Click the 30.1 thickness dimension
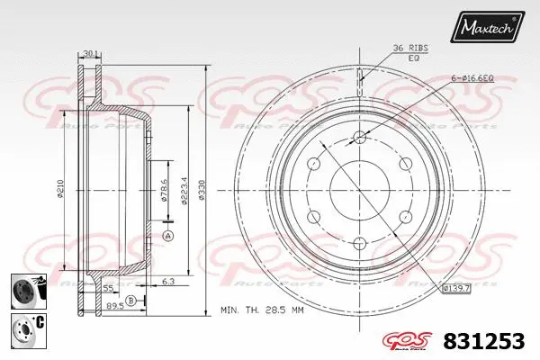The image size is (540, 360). (89, 54)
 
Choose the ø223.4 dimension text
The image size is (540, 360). (184, 190)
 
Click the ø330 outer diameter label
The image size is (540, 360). (204, 190)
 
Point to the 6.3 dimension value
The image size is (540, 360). (168, 283)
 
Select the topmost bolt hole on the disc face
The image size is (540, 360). (360, 137)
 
